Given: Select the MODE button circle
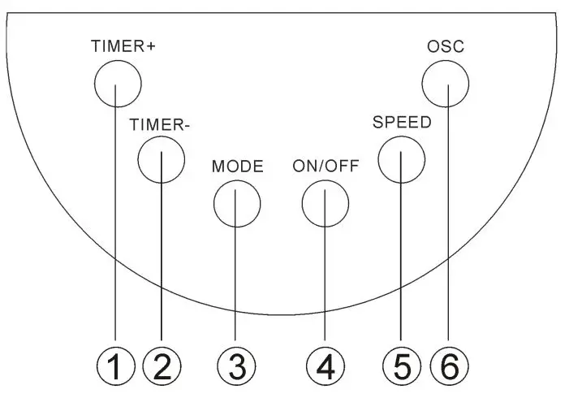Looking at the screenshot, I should point(236,202).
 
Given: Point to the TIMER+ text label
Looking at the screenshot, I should point(123,45).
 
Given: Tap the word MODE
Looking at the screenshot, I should point(237,167).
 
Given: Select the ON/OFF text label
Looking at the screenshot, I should point(325,167).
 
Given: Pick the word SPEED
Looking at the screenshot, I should point(402,123).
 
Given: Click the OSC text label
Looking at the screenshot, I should point(446,46).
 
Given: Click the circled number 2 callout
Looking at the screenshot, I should point(162,367).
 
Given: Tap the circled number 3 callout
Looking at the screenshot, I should point(236,367).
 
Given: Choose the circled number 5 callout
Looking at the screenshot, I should point(402,367).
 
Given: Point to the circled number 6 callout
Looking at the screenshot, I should point(448,367).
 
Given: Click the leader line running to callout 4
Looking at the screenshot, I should point(325,276).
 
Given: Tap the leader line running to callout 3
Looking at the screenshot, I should point(236,276).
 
